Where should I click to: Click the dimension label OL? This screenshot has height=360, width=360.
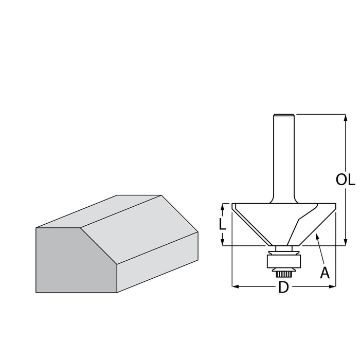(x=345, y=179)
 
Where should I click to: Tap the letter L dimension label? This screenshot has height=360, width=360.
(x=222, y=224)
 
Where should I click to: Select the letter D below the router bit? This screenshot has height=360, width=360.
(x=283, y=287)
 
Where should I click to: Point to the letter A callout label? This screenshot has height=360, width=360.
(x=325, y=273)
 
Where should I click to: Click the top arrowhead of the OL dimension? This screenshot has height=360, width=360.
(x=346, y=118)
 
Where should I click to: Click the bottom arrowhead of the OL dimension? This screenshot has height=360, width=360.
(x=346, y=242)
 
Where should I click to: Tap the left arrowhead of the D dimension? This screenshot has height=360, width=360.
(x=236, y=286)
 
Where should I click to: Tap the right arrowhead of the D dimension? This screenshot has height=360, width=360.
(x=332, y=286)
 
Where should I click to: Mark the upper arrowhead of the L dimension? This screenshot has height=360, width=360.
(x=222, y=207)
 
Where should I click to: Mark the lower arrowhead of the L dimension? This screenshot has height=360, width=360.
(x=222, y=242)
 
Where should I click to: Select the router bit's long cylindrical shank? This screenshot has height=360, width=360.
(x=284, y=158)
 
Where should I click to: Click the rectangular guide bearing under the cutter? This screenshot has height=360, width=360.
(x=283, y=261)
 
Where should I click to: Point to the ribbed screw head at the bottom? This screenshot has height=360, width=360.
(x=283, y=274)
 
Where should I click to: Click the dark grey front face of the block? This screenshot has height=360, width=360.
(x=77, y=260)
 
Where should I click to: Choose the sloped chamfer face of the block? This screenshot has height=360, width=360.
(x=139, y=229)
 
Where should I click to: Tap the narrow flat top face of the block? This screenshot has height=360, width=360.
(x=99, y=211)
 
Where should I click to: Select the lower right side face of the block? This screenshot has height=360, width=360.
(x=157, y=262)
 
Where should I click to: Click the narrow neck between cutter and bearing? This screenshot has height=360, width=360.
(x=284, y=248)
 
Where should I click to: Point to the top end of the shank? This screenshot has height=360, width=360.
(x=284, y=115)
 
